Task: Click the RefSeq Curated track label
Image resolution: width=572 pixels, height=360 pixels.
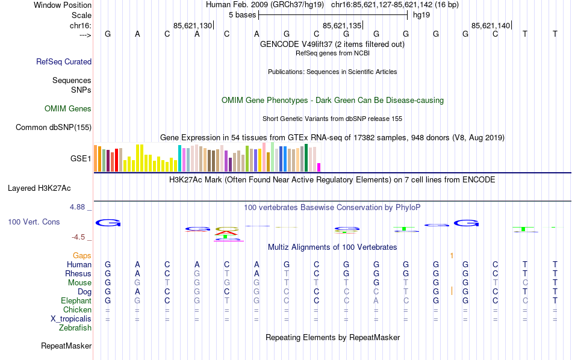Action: tap(64, 61)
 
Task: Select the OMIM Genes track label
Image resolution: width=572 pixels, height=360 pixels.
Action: tap(68, 109)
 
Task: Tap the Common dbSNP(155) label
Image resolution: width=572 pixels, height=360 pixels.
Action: tap(54, 127)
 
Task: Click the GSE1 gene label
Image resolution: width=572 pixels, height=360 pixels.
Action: tap(81, 159)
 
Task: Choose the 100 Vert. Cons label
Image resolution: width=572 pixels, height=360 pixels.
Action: tap(34, 222)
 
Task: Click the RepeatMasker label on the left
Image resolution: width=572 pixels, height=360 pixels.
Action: tap(66, 346)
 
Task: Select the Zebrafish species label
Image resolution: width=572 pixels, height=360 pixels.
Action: tap(75, 328)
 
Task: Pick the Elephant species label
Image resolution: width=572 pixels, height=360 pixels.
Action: tap(76, 300)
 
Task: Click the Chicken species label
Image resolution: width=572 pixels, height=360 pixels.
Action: tap(77, 310)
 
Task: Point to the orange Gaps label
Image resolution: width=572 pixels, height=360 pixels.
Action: tap(82, 256)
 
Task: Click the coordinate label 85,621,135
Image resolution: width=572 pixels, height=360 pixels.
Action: tap(342, 25)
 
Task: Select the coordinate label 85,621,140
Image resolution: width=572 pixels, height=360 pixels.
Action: tap(491, 25)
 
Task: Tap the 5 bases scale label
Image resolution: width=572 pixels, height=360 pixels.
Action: tap(242, 15)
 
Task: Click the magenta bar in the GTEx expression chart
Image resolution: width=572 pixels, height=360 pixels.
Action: tap(319, 167)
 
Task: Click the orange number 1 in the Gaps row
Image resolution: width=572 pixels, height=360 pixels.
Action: tap(451, 256)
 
